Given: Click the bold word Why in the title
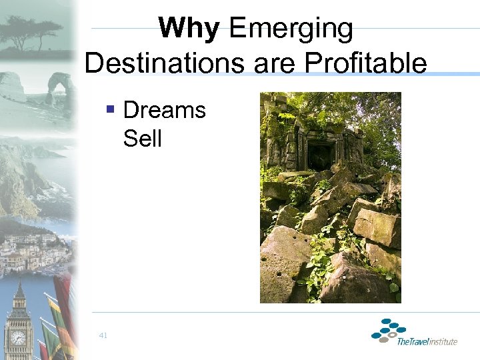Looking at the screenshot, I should (189, 29).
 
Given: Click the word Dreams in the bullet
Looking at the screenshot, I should (165, 110).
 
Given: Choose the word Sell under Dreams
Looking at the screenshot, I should (142, 139).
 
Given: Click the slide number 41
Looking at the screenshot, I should (102, 335).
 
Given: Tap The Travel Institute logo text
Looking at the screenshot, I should (427, 341).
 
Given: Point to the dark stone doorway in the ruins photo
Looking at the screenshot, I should (319, 155).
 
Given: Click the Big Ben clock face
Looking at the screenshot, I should (19, 337).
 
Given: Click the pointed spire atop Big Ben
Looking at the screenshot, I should (19, 290).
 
